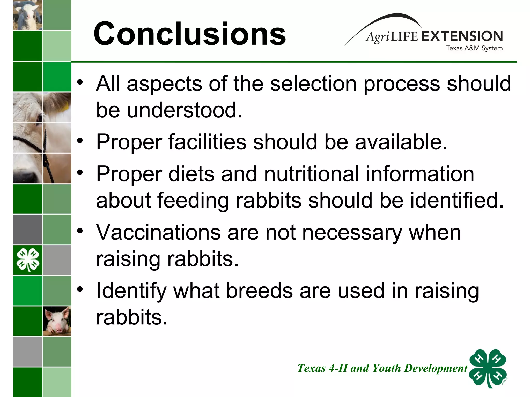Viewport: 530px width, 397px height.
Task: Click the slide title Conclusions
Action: click(190, 34)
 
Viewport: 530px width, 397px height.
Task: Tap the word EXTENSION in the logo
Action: click(462, 36)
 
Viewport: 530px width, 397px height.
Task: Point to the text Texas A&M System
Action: click(474, 48)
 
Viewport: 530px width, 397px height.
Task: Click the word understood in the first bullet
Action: click(185, 110)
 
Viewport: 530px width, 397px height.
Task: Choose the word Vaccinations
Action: click(158, 232)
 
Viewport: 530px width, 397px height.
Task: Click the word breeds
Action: click(260, 291)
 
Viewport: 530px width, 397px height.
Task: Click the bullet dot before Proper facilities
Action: click(80, 140)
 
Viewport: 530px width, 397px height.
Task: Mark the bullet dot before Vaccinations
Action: click(80, 231)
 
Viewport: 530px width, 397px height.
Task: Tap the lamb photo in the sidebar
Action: click(28, 15)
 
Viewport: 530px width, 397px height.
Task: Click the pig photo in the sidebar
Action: click(57, 321)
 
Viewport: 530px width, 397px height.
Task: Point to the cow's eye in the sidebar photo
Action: click(39, 118)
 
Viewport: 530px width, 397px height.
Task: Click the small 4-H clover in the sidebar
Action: click(28, 259)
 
